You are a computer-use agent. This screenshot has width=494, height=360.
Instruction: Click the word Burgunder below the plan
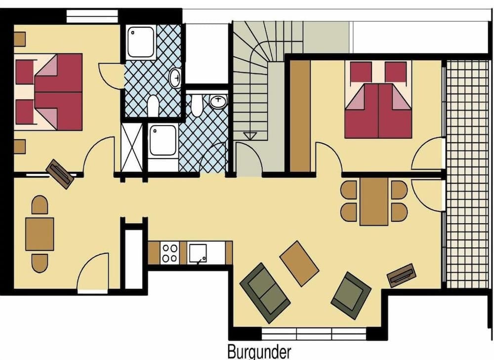259,353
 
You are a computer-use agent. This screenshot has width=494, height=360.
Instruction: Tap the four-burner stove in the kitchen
170,253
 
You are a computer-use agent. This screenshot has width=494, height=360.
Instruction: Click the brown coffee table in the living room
299,263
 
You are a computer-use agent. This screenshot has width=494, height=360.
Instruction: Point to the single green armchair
351,295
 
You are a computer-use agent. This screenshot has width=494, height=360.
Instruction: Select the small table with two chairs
40,234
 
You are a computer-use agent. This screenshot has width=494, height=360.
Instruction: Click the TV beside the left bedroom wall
60,173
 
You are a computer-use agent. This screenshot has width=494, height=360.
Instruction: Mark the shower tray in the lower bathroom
163,141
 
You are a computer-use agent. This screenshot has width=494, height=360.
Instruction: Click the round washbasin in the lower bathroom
217,102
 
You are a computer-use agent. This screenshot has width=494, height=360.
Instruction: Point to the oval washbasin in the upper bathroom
175,78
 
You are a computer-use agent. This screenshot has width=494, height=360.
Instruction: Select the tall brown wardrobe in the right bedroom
300,116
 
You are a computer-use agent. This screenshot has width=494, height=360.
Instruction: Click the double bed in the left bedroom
49,92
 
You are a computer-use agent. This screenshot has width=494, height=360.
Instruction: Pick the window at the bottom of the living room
314,334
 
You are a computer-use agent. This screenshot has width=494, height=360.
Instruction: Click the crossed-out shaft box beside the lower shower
131,147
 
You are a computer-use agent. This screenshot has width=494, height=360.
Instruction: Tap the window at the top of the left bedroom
91,16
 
